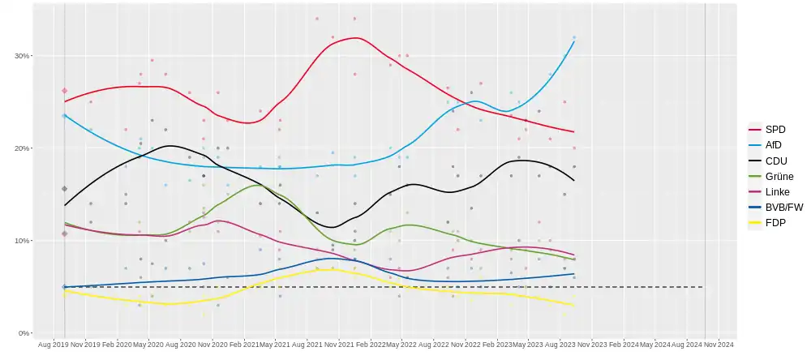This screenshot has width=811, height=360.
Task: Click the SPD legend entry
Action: [775, 130]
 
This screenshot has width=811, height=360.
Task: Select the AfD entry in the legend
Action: [774, 145]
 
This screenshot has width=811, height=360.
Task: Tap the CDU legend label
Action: [775, 161]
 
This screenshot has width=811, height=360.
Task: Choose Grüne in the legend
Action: [779, 176]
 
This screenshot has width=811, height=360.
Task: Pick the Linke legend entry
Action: [777, 191]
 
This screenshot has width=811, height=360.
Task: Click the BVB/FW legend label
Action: [783, 207]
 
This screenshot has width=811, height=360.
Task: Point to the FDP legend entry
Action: [775, 222]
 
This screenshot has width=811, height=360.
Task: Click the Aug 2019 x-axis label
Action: [53, 345]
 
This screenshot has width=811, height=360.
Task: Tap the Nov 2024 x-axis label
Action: [719, 345]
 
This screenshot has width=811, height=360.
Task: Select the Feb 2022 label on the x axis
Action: [370, 345]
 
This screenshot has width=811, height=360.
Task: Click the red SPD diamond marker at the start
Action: [65, 91]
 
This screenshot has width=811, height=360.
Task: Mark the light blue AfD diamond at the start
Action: [65, 116]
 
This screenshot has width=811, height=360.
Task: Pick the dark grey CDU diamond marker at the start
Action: [65, 189]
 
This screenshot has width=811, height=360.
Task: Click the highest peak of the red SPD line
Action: [354, 38]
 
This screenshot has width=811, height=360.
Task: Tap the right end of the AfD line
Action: [574, 41]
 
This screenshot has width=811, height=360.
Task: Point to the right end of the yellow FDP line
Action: [574, 305]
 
